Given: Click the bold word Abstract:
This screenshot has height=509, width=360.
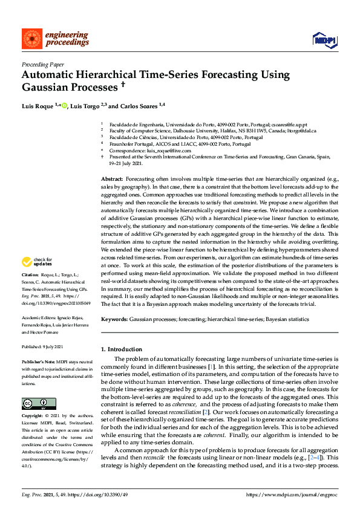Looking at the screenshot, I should [x=111, y=180].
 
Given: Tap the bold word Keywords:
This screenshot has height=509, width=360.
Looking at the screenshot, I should [x=114, y=318].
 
